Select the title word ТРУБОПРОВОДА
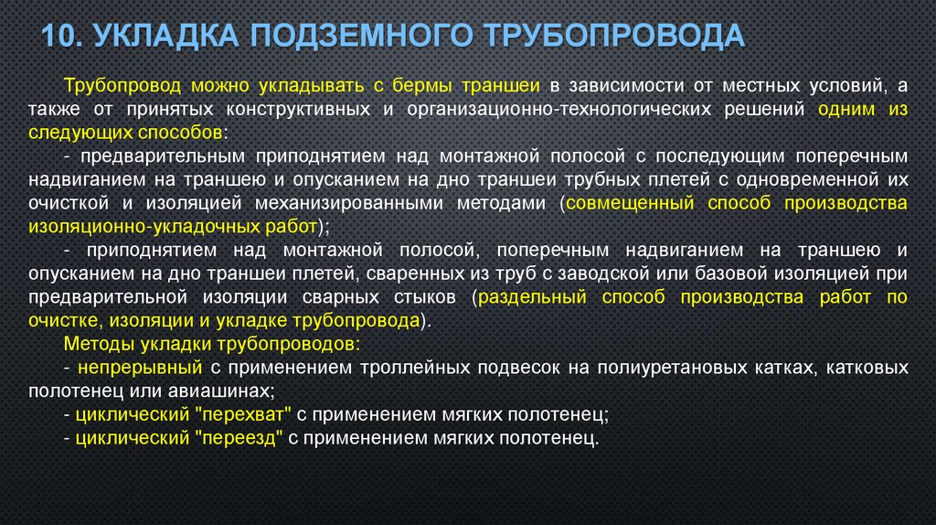tap(612, 36)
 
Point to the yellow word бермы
tap(424, 86)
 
